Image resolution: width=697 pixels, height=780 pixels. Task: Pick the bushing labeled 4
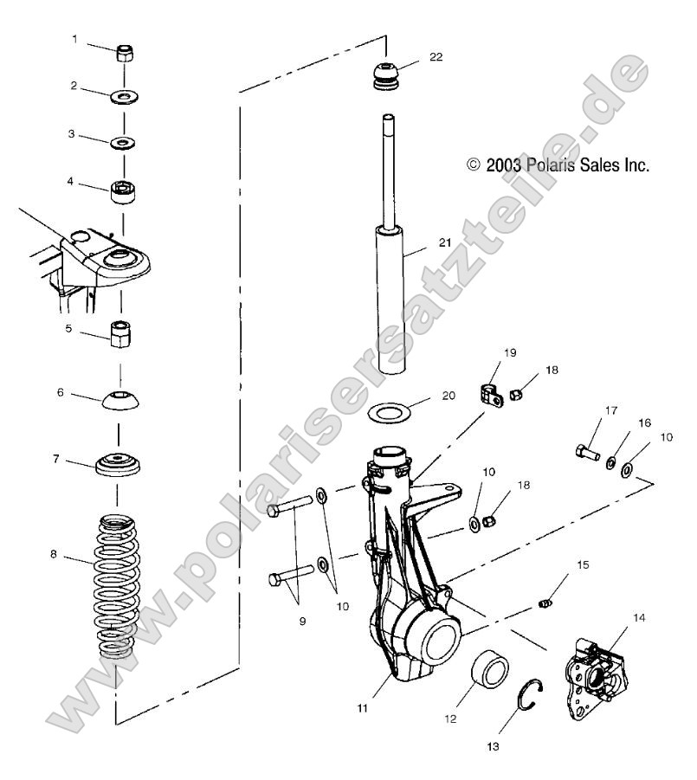[123, 190]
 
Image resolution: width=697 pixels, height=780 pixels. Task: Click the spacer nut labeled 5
[120, 332]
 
